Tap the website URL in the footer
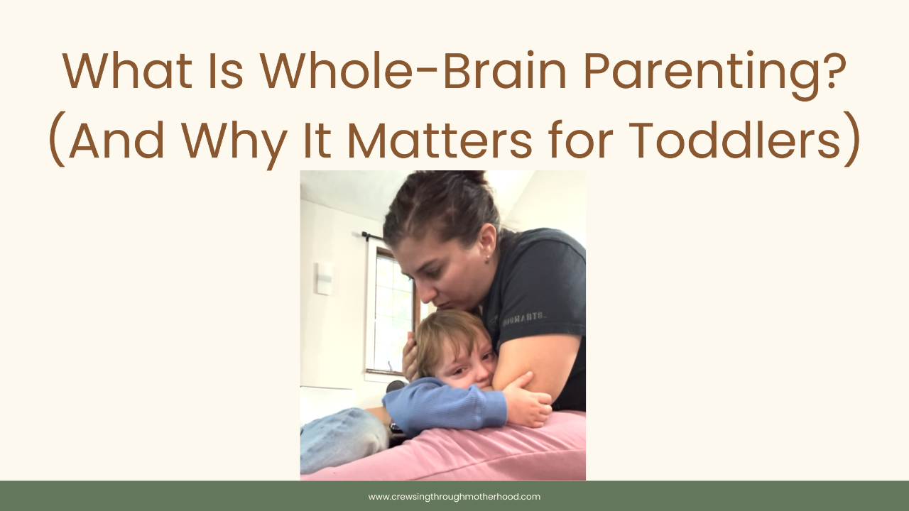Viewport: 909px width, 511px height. click(x=454, y=497)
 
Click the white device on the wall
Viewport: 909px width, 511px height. click(x=325, y=278)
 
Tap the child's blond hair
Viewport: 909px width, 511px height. click(x=444, y=334)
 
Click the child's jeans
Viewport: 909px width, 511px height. click(x=341, y=440)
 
